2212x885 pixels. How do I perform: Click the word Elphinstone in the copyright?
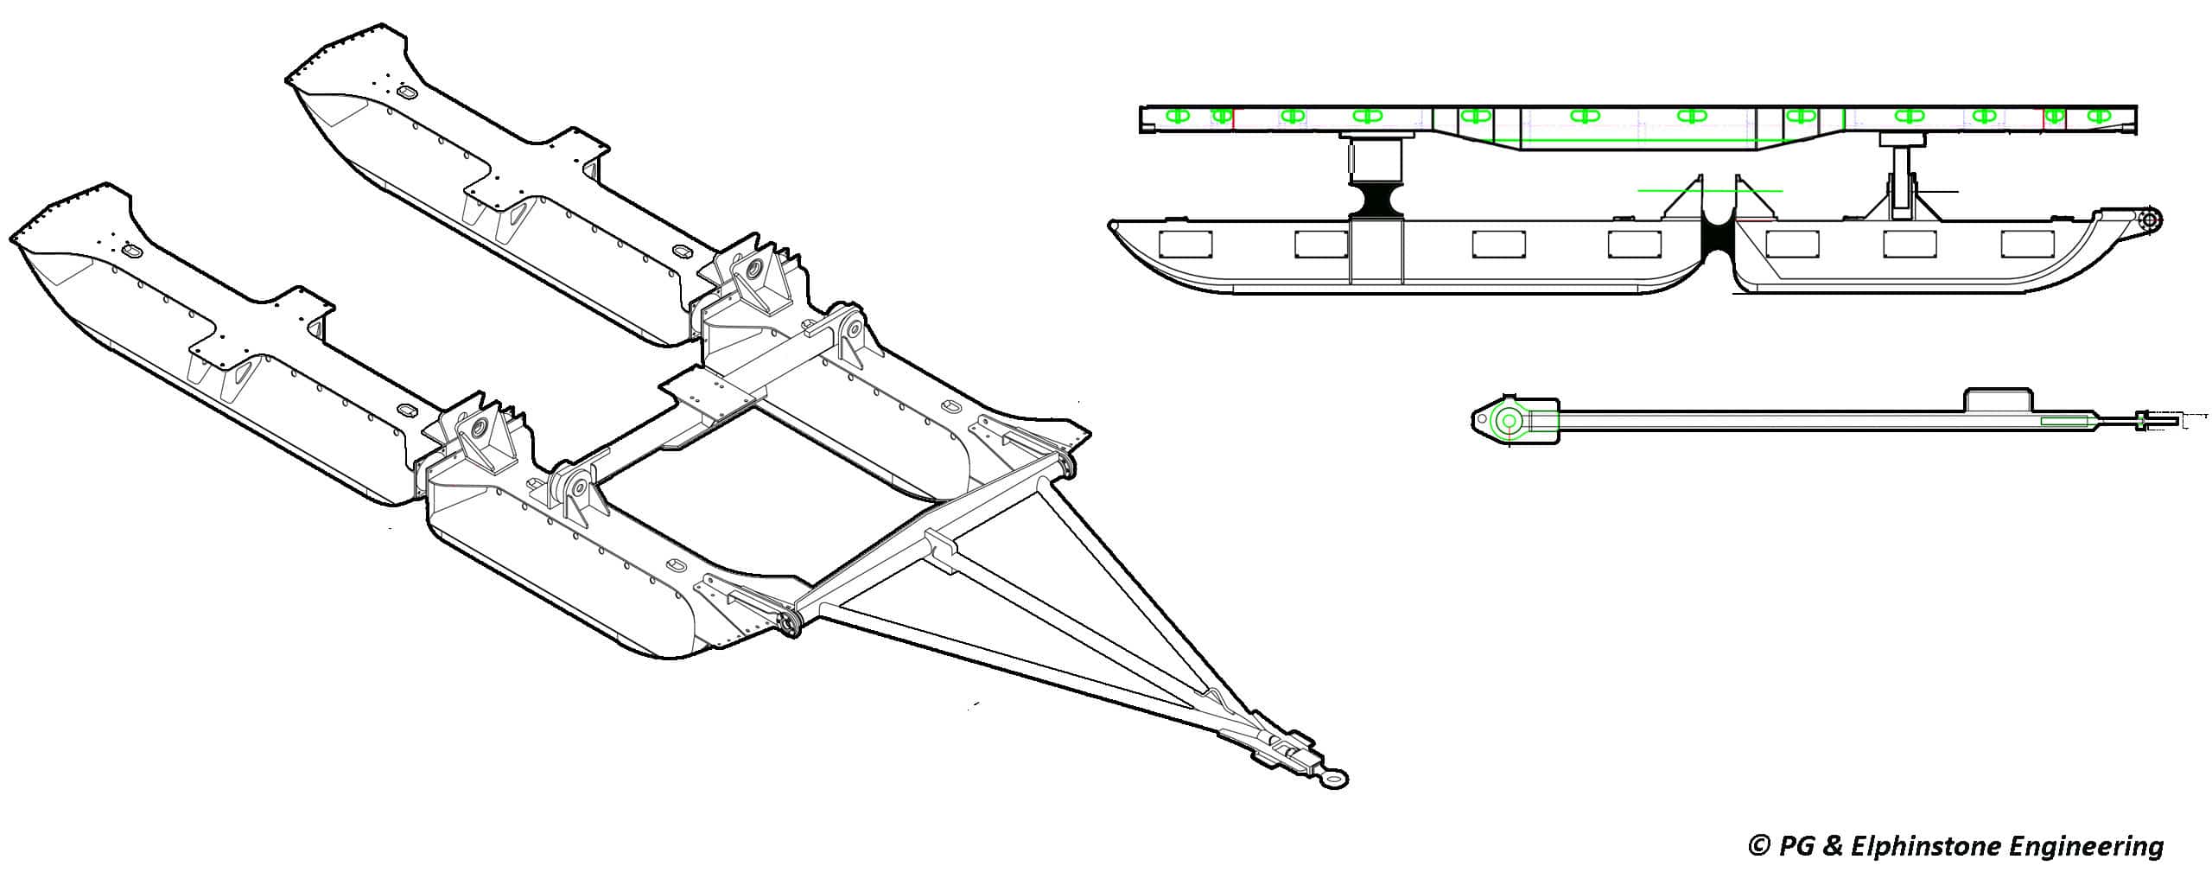(x=1935, y=846)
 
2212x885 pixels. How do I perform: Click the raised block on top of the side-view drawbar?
(x=1996, y=400)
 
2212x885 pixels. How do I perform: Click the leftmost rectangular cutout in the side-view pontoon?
(x=1184, y=245)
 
